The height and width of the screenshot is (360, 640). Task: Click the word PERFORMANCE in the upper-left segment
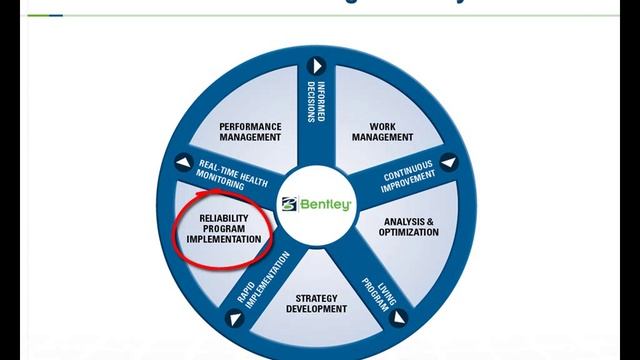251,126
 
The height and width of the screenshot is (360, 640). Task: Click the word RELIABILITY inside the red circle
223,217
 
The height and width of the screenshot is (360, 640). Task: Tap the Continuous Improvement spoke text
410,176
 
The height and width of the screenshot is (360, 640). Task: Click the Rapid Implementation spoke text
264,279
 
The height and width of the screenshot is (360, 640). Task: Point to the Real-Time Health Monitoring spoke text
219,171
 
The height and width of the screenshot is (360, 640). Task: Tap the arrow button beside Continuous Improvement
448,160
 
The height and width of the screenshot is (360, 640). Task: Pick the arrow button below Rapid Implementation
235,319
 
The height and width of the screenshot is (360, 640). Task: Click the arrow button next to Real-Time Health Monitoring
183,159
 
